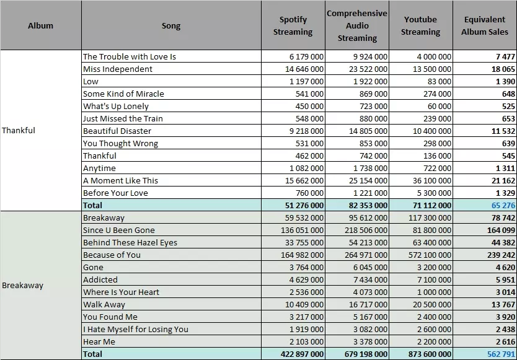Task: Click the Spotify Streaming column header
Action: coord(293,26)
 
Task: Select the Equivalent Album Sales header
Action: coord(485,26)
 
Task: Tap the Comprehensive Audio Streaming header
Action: coord(357,26)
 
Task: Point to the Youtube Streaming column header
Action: coord(420,26)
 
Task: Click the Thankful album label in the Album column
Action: coord(19,131)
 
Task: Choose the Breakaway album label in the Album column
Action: coord(22,286)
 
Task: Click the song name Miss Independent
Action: coord(118,69)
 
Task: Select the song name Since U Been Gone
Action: coord(118,230)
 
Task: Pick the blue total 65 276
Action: coord(503,205)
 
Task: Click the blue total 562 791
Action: coord(501,354)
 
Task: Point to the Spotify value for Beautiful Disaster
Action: coord(307,131)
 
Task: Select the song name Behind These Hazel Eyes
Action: coord(130,243)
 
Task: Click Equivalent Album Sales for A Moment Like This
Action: coord(503,181)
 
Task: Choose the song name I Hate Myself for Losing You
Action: coord(136,330)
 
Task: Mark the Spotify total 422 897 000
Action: coord(303,354)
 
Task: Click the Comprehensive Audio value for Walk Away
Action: coord(368,305)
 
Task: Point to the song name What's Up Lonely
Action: coord(116,107)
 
